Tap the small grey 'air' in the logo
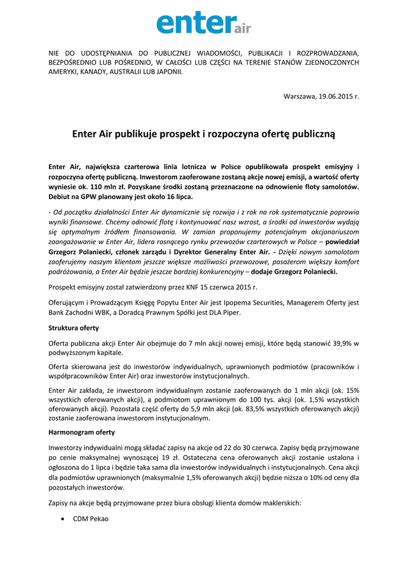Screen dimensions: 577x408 (x=241, y=28)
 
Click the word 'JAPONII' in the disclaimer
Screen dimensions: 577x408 (x=170, y=72)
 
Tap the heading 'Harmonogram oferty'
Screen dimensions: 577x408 (x=82, y=432)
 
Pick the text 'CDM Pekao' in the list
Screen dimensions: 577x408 (x=91, y=519)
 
